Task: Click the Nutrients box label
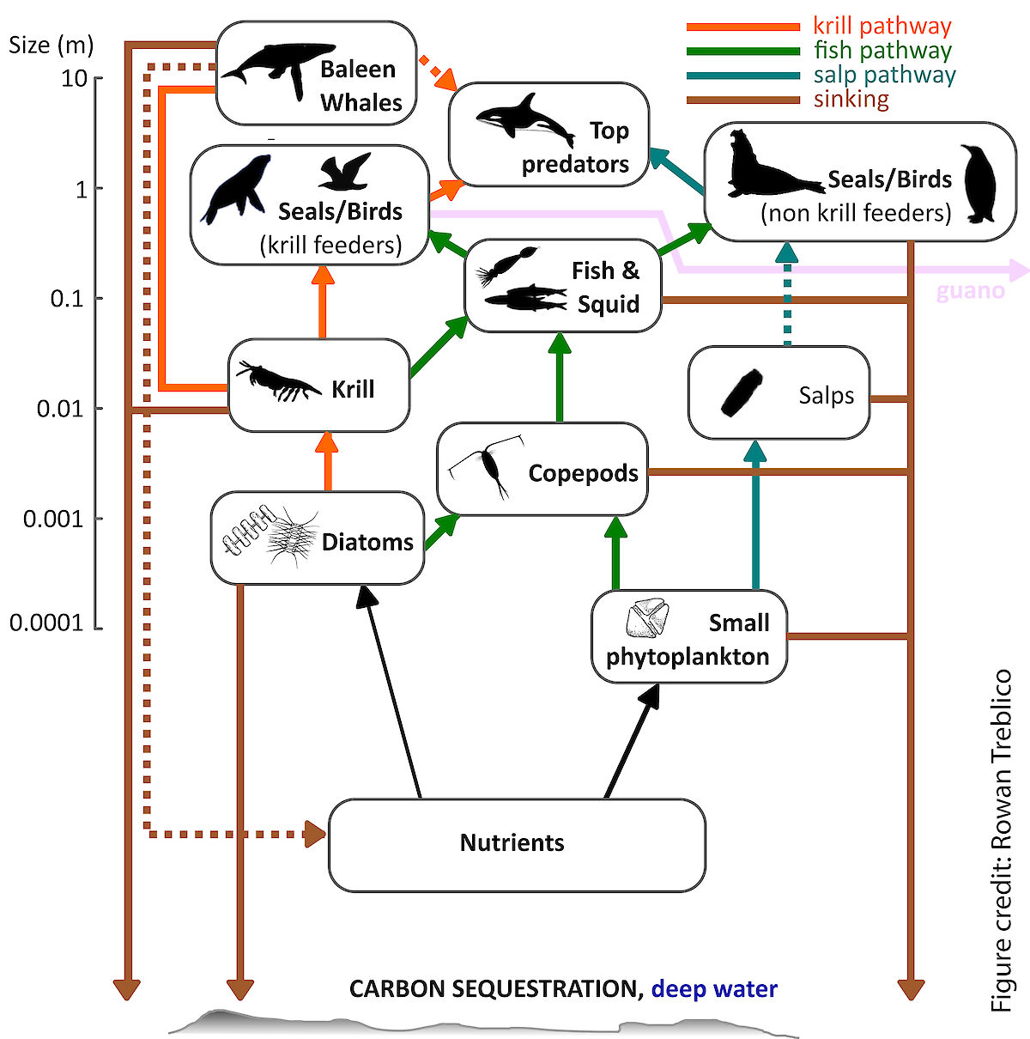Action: click(512, 842)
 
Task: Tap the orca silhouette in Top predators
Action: click(524, 120)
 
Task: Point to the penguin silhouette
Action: click(978, 184)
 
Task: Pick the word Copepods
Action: click(583, 473)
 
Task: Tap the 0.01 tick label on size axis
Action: click(60, 409)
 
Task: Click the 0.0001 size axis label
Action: click(46, 623)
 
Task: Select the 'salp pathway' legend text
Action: click(884, 75)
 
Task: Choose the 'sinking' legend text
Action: click(851, 100)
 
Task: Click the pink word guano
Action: click(970, 290)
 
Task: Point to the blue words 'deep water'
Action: click(714, 989)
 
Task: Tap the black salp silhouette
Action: click(742, 392)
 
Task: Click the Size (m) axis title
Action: click(51, 45)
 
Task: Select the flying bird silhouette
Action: click(344, 172)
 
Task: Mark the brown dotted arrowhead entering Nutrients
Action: click(315, 834)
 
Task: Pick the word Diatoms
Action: click(367, 542)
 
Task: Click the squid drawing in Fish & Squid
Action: click(507, 265)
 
